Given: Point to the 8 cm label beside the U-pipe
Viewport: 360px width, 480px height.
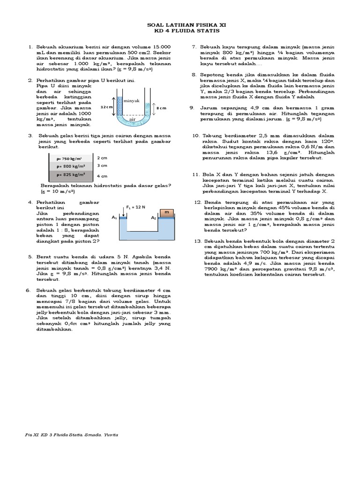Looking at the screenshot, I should point(161,108).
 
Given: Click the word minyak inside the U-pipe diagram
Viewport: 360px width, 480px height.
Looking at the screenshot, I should point(132,101).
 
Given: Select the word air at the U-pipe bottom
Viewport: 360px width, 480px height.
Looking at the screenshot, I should point(132,120).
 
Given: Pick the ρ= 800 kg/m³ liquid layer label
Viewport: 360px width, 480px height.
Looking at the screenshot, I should point(71,166).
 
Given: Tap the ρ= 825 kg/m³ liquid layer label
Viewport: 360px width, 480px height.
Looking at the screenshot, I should point(71,174).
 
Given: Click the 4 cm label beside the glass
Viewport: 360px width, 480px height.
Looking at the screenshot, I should point(102,176).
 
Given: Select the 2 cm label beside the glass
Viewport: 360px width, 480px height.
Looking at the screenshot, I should point(102,158).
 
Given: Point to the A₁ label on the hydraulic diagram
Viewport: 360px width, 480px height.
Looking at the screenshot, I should point(114,218).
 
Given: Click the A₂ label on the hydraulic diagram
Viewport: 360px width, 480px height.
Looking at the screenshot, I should point(153,218).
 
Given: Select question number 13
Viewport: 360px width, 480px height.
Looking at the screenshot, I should point(197,240).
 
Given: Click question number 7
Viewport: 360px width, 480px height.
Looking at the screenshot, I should point(194,47).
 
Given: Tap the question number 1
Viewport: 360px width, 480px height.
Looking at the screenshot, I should point(30,47).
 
